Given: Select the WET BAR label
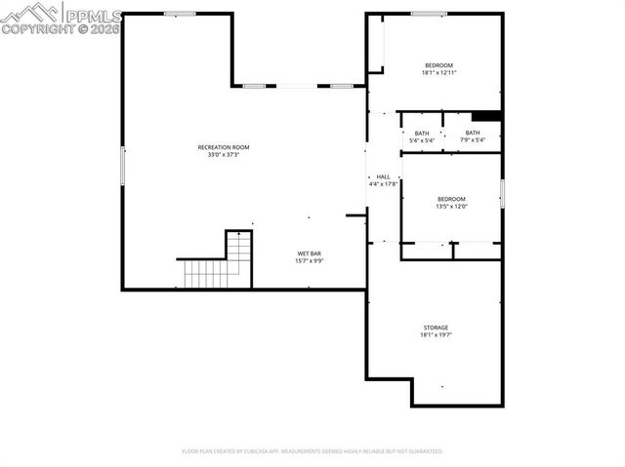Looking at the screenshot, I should tap(310, 254).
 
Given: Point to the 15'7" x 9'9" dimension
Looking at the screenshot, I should tap(310, 262).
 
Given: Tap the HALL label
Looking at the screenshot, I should tap(383, 176).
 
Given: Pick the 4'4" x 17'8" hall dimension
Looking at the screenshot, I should tap(383, 184).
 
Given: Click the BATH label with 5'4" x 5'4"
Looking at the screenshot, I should tap(422, 134).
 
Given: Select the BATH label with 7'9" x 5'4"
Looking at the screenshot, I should tap(473, 133).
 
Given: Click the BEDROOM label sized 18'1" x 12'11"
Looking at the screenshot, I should tap(438, 65).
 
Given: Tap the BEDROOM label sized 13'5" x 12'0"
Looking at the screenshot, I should tap(451, 199).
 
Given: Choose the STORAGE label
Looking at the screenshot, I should tap(436, 328).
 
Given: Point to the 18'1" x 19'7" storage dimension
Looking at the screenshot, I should tap(436, 335).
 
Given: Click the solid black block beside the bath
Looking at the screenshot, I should tap(486, 116).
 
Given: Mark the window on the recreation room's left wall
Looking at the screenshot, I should tap(122, 165).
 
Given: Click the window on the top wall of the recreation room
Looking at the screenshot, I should tap(179, 14).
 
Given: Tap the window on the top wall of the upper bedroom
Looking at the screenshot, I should tap(429, 14).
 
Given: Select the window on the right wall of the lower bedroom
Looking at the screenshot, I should tap(502, 193).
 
